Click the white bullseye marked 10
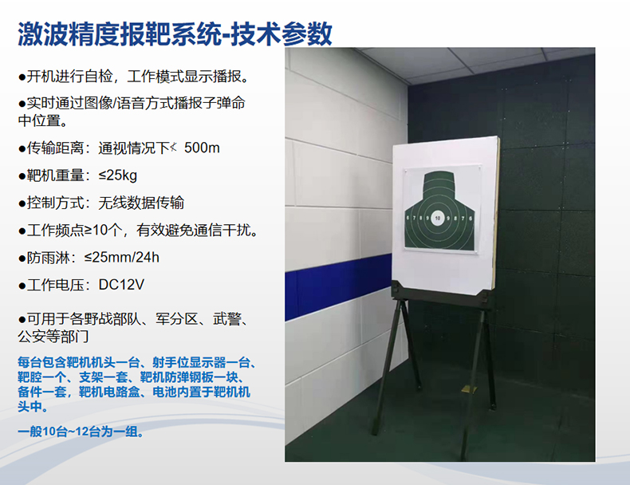point(437,219)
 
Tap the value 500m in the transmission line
point(202,148)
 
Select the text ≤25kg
point(118,175)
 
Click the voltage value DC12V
point(121,285)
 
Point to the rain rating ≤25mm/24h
point(122,257)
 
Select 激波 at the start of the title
point(42,34)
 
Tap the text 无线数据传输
point(141,203)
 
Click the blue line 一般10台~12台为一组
point(81,432)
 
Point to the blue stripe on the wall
point(338,286)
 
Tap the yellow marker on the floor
point(469,389)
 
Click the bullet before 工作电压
point(22,286)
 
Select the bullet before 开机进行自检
point(22,77)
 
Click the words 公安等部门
point(53,337)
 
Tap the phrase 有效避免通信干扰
point(193,230)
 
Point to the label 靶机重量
point(56,175)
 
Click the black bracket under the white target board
point(440,294)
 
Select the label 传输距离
point(56,148)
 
